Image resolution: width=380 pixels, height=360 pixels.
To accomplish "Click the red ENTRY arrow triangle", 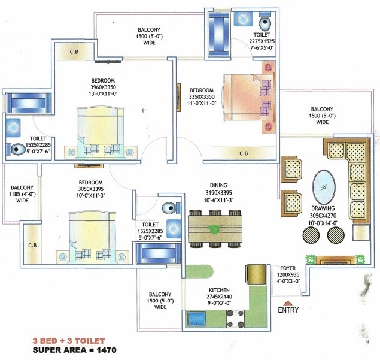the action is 288,303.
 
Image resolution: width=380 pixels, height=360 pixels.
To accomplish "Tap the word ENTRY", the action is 288,310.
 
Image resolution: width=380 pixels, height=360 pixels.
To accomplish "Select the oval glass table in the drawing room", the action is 324,187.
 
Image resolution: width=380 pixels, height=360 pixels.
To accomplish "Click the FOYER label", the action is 288,268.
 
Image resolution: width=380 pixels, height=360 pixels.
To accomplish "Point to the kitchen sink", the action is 197,319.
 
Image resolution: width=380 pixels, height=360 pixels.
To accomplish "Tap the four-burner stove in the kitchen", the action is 235,319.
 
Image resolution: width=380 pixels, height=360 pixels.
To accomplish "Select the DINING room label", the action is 218,185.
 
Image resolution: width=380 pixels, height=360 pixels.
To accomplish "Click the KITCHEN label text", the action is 219,290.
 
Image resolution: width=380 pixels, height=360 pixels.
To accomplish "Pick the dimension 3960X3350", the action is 104,87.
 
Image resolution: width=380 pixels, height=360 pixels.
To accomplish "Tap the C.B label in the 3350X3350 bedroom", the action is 244,153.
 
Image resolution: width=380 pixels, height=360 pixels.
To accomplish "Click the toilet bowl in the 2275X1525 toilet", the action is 265,23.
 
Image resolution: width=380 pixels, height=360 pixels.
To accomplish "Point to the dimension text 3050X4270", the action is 323,216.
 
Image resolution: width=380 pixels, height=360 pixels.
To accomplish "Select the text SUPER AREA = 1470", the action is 74,350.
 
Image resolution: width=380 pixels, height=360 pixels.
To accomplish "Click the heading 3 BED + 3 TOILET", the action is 69,341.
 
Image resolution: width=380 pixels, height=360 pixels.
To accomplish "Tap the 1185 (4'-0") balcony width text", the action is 22,194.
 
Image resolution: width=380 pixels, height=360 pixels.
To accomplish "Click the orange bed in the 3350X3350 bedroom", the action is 249,97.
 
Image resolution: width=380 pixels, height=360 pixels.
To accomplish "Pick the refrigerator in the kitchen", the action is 256,274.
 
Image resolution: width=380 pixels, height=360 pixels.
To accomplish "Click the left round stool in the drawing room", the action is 311,235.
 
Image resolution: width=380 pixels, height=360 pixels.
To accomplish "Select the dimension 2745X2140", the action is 219,297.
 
